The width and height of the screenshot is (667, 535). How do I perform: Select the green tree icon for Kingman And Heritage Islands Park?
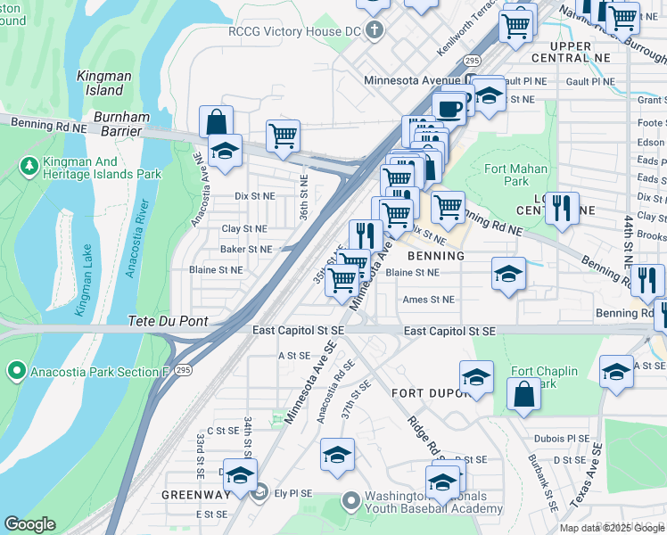click(29, 166)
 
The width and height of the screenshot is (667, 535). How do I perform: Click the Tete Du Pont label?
click(169, 321)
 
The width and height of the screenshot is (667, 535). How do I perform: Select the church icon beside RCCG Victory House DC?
click(376, 30)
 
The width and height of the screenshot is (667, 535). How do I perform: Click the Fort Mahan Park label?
click(507, 174)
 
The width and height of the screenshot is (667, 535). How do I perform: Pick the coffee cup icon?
click(449, 107)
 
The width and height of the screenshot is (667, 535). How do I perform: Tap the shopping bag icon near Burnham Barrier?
click(216, 120)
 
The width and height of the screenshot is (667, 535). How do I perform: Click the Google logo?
click(29, 524)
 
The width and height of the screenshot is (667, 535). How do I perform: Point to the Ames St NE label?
click(428, 300)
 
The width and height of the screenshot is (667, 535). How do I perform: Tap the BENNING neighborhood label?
click(436, 256)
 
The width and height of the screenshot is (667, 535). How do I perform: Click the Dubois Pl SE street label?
click(561, 439)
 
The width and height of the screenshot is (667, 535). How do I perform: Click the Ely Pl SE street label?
click(292, 492)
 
